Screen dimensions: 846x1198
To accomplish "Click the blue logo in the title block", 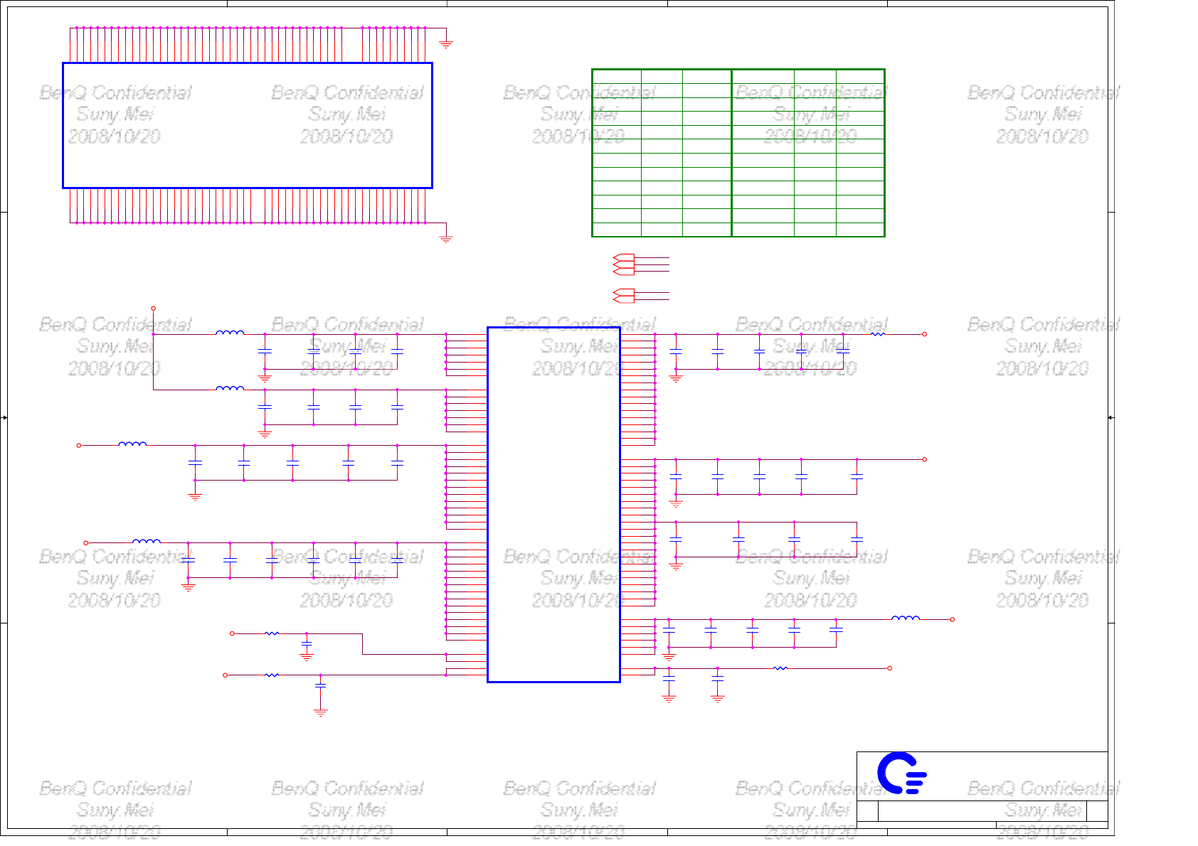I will [x=901, y=773].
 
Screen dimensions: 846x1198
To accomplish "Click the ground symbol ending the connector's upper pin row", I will [x=446, y=44].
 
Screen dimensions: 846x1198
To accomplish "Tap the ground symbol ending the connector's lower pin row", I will [x=446, y=239].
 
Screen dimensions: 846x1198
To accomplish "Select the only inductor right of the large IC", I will [x=905, y=618].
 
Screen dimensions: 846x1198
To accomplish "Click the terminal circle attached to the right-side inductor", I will [x=952, y=619].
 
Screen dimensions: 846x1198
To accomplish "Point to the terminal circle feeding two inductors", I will [x=153, y=309].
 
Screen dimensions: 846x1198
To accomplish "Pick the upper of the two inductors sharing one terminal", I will [x=230, y=332].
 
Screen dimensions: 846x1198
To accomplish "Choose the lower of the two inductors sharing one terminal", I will [x=230, y=388].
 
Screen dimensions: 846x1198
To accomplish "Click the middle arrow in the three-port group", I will [x=623, y=265].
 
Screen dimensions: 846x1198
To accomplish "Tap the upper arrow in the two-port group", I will [x=623, y=291].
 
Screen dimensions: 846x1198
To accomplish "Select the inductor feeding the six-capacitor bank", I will [x=146, y=541].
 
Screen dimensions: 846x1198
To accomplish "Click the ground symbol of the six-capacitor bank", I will [x=188, y=588].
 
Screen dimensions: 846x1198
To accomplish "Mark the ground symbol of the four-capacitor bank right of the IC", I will [x=676, y=567].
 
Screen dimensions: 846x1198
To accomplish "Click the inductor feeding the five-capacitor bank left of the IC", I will [x=132, y=444].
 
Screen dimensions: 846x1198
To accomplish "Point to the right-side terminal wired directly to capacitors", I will [x=924, y=459].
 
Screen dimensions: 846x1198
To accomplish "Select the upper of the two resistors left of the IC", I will [x=272, y=633].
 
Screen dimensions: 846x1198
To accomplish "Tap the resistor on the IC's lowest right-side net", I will [x=780, y=668].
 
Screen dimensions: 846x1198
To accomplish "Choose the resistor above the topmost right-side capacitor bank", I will [x=878, y=333].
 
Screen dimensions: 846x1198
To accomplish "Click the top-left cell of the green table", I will [x=617, y=76].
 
